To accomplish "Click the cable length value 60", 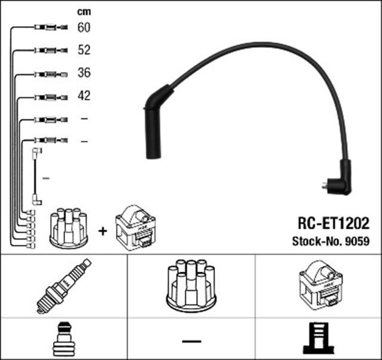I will [84, 27].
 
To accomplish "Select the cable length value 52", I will [84, 50].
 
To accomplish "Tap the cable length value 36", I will [84, 73].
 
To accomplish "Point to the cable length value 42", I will [84, 96].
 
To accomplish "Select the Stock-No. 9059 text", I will [330, 242].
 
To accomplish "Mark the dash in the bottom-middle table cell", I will [192, 341].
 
